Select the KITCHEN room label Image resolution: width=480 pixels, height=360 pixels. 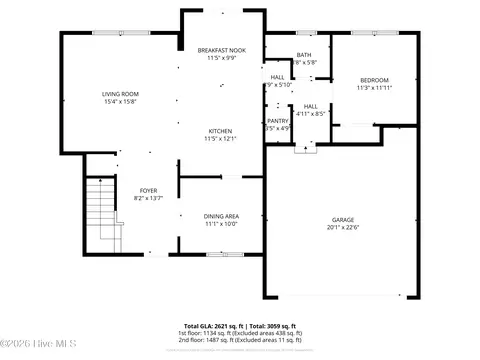[x=221, y=131]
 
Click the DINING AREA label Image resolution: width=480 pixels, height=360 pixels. [x=221, y=216]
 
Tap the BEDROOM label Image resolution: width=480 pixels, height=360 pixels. [x=374, y=80]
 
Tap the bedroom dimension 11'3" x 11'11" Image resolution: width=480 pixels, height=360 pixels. [x=374, y=87]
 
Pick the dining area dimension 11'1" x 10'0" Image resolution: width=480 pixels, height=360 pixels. [x=221, y=223]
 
